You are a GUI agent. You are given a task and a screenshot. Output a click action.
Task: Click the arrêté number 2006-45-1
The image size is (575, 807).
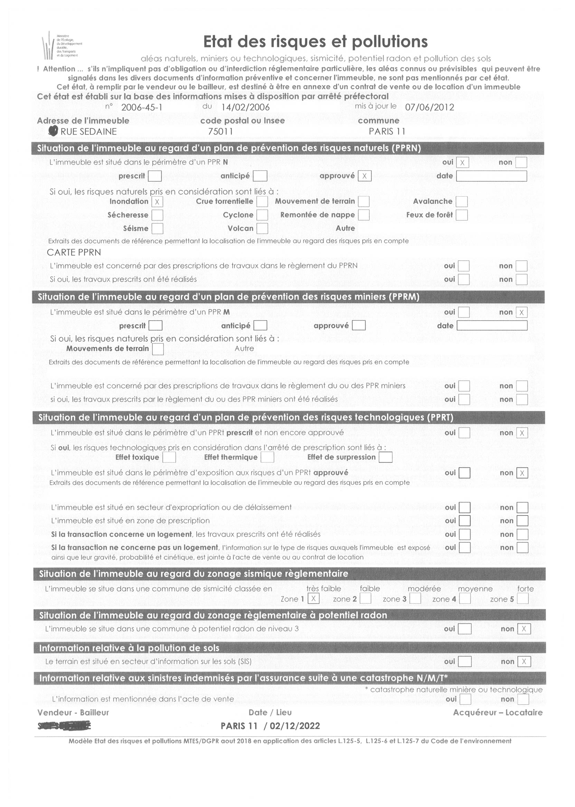point(141,107)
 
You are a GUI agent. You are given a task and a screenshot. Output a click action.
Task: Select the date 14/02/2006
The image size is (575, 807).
point(245,107)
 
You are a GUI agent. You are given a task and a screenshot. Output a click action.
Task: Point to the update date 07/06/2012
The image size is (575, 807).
point(429,107)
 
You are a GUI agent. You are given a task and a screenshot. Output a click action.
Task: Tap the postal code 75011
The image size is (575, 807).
point(220,131)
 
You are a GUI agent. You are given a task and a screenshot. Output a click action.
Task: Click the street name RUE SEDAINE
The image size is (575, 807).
point(88,131)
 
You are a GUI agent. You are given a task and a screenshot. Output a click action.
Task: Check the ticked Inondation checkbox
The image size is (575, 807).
point(157,202)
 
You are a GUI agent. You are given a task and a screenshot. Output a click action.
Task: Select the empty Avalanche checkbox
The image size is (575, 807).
point(461,201)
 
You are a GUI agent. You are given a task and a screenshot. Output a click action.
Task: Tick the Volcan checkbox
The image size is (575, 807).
point(262,229)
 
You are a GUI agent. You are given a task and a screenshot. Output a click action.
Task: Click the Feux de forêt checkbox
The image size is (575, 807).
point(461,215)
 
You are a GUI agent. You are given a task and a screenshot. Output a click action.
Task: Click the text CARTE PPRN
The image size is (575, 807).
point(74,253)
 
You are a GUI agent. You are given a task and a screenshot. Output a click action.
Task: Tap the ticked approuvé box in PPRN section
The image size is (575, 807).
point(364,176)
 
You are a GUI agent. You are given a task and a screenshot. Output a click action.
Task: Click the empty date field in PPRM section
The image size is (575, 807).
point(491,326)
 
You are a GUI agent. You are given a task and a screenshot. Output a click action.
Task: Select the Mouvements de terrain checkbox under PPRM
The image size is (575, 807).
point(158,349)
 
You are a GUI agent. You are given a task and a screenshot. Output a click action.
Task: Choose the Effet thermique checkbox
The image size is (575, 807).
point(267,457)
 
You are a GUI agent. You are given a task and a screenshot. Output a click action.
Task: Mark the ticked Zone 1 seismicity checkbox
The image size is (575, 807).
point(313,599)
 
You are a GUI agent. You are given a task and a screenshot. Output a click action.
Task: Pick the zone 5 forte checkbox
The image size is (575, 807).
point(522,599)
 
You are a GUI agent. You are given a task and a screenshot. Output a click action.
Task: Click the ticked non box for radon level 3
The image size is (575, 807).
point(524,629)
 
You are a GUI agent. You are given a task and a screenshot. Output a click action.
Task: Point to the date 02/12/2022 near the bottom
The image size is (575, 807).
point(294,726)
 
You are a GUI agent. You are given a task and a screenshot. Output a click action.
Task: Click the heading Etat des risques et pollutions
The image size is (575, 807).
point(315,42)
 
